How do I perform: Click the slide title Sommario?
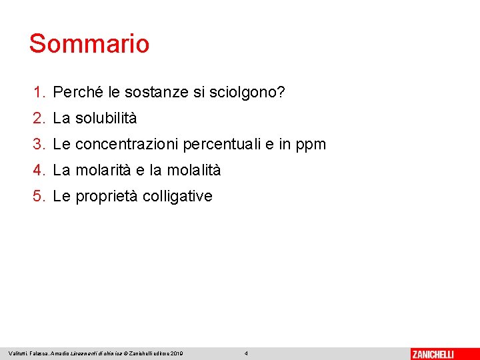tap(89, 44)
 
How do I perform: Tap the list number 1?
tap(39, 92)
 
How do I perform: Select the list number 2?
tap(39, 119)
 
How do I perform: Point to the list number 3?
tap(39, 144)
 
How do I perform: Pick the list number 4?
tap(39, 171)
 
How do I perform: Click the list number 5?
tap(39, 197)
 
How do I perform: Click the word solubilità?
tap(106, 119)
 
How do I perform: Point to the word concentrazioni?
tap(127, 144)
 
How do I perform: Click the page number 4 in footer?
tap(246, 353)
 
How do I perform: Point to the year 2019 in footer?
tap(177, 353)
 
